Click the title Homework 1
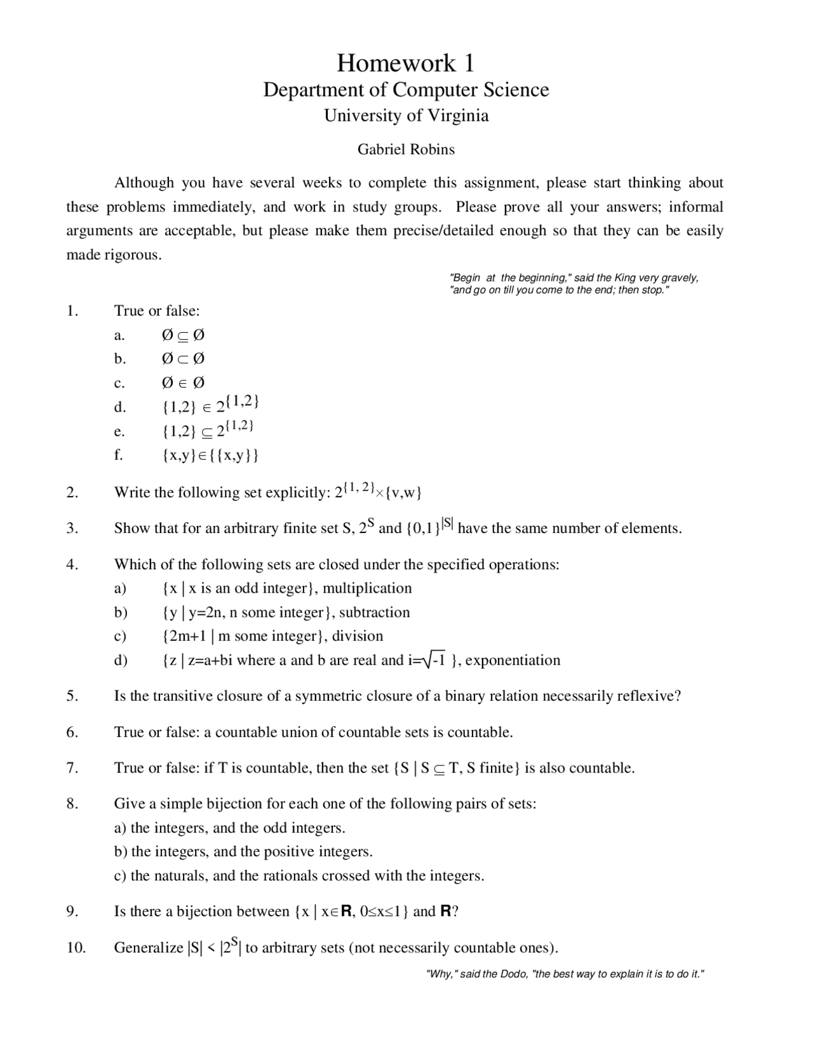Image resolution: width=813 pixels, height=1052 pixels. (405, 63)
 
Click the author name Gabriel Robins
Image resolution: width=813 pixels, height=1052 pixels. (406, 149)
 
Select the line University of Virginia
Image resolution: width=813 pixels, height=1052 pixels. (406, 116)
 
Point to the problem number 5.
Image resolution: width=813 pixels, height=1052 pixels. (72, 696)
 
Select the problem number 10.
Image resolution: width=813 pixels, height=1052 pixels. (75, 948)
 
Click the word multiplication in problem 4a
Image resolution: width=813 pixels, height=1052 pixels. (367, 588)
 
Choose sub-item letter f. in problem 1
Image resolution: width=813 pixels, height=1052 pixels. (119, 455)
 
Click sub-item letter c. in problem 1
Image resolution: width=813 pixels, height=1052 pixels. (119, 383)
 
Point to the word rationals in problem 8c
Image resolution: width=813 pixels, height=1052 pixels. (268, 875)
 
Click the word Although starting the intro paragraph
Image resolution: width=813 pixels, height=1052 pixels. (144, 183)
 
